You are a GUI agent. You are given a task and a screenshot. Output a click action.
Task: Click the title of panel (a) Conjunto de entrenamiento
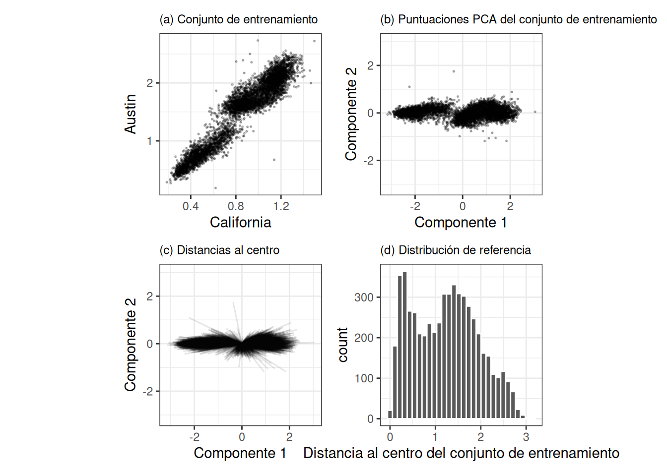pos(238,19)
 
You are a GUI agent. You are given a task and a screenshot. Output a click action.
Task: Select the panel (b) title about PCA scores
pos(518,19)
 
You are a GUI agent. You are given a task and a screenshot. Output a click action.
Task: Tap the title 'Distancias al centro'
pos(219,250)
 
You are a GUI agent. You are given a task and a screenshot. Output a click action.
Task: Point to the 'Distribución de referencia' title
pos(455,250)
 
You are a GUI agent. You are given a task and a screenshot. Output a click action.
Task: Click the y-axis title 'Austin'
pos(130,114)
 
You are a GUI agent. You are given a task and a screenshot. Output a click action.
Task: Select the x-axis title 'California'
pos(240,222)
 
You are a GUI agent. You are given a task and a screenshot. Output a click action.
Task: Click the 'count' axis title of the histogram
pos(342,345)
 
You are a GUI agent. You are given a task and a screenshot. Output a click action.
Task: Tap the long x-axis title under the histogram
pos(461,453)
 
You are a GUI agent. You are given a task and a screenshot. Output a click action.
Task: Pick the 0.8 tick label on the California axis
pos(236,206)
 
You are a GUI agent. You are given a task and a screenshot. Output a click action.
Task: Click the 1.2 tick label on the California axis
pos(281,206)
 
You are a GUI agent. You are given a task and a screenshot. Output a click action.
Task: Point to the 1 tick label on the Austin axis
pos(149,141)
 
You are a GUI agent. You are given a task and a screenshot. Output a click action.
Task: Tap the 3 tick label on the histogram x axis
pos(526,437)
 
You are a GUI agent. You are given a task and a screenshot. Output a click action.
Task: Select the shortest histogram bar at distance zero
pos(390,415)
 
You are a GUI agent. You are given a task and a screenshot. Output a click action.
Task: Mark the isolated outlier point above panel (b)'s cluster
pos(454,71)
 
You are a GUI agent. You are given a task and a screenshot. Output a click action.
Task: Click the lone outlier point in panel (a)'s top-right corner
pos(314,41)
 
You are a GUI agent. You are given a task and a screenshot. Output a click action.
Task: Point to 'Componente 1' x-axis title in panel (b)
pos(461,222)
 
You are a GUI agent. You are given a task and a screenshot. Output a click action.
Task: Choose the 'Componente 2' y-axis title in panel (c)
pos(130,345)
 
